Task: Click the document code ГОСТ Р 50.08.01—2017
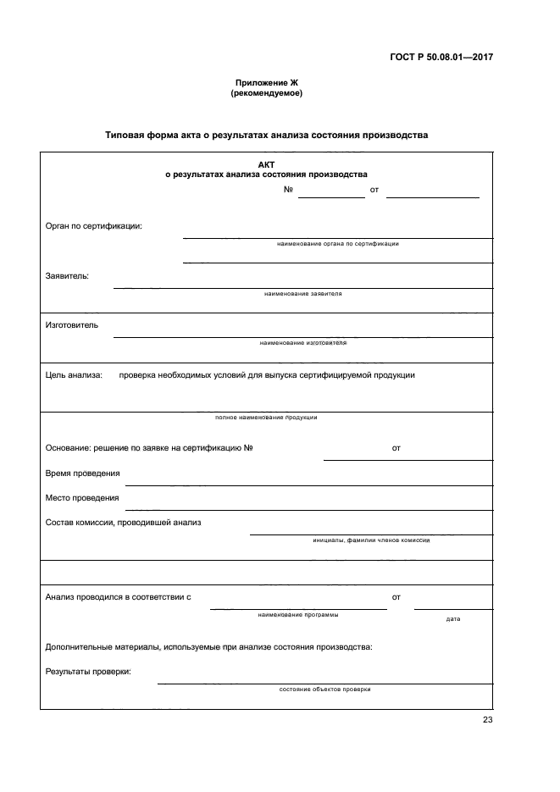[x=442, y=58]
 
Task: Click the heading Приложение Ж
[x=266, y=82]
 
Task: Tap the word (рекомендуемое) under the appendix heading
[x=266, y=93]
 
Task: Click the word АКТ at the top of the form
[x=266, y=164]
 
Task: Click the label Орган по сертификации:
[x=93, y=225]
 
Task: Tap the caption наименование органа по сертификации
[x=337, y=244]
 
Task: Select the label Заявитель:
[x=67, y=275]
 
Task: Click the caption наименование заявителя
[x=302, y=294]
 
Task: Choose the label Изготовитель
[x=72, y=324]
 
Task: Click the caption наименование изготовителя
[x=302, y=343]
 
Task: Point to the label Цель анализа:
[x=74, y=374]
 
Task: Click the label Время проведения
[x=82, y=473]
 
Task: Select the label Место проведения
[x=82, y=497]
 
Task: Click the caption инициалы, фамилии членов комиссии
[x=370, y=540]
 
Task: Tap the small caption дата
[x=452, y=619]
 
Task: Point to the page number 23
[x=487, y=720]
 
